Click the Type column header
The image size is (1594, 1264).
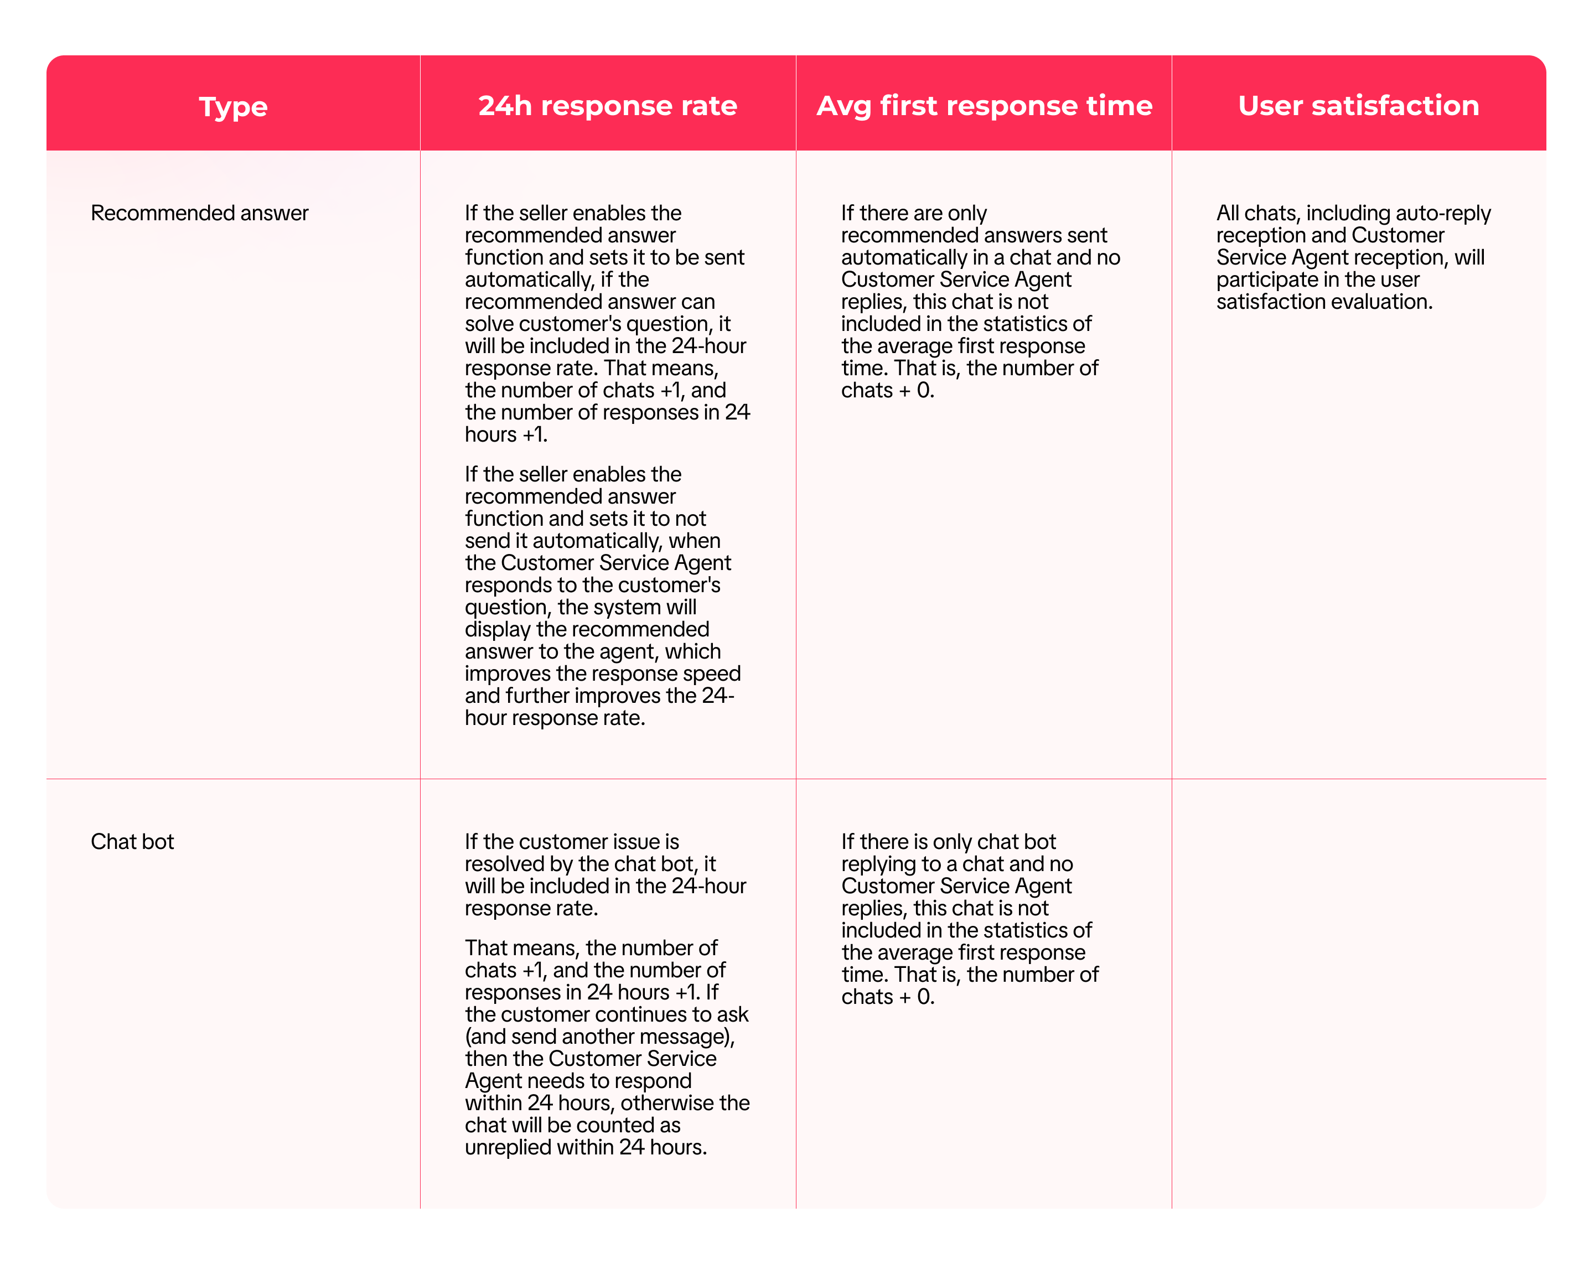(233, 106)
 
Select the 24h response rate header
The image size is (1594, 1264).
(607, 106)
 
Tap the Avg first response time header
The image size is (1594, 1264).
(984, 106)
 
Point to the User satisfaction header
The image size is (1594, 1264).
(1358, 106)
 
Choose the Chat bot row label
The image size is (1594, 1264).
(132, 841)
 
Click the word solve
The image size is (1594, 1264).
(489, 324)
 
